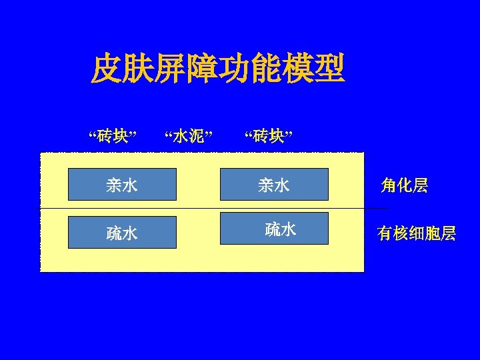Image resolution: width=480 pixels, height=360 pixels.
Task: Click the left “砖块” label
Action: click(x=113, y=137)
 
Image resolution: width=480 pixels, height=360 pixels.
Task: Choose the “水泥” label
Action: click(x=188, y=137)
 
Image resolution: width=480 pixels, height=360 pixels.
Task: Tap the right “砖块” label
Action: click(x=268, y=137)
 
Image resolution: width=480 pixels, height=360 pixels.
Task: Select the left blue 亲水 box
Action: click(x=122, y=185)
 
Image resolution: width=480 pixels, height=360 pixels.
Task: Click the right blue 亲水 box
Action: click(x=274, y=185)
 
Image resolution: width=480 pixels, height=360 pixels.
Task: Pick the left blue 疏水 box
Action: click(x=122, y=232)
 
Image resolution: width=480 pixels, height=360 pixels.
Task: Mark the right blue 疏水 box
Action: click(x=274, y=229)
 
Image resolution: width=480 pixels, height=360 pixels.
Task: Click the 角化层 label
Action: click(x=405, y=185)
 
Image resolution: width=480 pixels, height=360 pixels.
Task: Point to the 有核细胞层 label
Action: click(x=416, y=234)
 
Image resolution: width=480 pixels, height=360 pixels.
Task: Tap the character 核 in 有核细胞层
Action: click(x=401, y=234)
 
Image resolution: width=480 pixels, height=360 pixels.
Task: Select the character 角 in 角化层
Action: click(x=389, y=185)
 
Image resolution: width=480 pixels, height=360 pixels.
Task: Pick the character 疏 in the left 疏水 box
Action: click(x=114, y=233)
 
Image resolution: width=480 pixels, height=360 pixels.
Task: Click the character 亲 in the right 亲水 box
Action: click(x=266, y=185)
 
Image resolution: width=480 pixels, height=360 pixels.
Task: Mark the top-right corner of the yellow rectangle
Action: click(x=364, y=153)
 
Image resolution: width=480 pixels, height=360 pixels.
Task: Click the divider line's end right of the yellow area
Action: click(x=387, y=209)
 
